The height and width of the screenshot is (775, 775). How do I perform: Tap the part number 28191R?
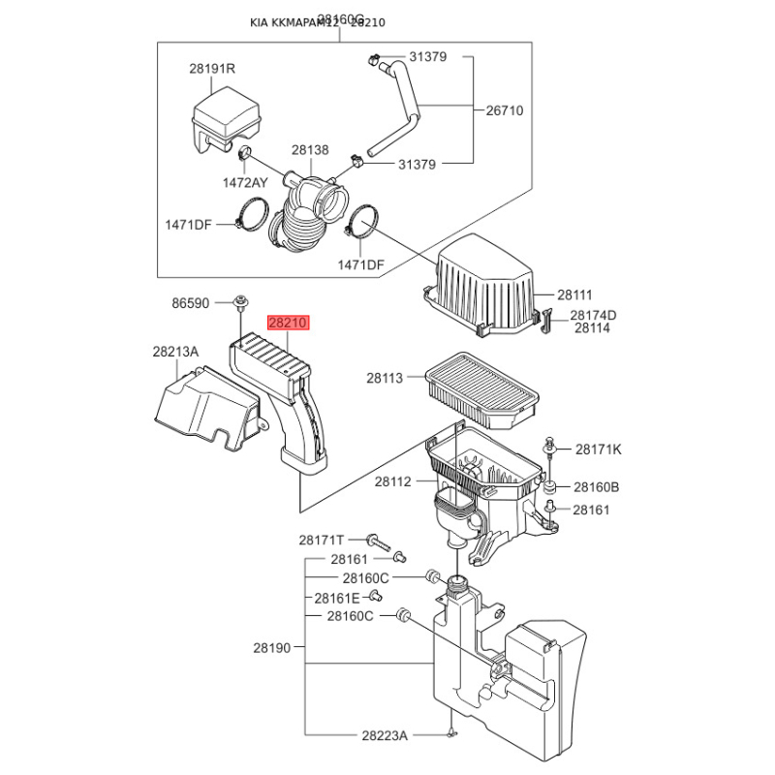tap(212, 70)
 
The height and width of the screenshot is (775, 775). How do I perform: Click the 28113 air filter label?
tap(384, 378)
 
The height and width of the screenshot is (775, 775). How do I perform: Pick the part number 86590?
tap(191, 303)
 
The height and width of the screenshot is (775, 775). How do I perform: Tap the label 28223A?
tap(386, 736)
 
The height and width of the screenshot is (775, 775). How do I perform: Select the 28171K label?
tap(599, 449)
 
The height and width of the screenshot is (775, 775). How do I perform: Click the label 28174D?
tap(593, 315)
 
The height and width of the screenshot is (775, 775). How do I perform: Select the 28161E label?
tap(336, 598)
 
